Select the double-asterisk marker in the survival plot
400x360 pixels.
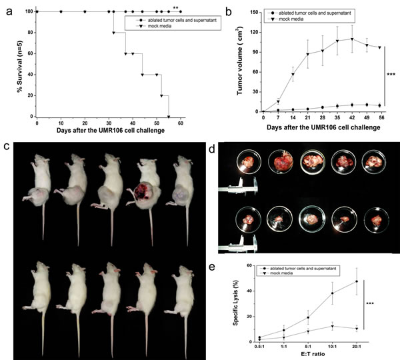click(175, 8)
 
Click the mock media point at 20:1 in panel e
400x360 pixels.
click(357, 329)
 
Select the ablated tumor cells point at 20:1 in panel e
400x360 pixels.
click(357, 281)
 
